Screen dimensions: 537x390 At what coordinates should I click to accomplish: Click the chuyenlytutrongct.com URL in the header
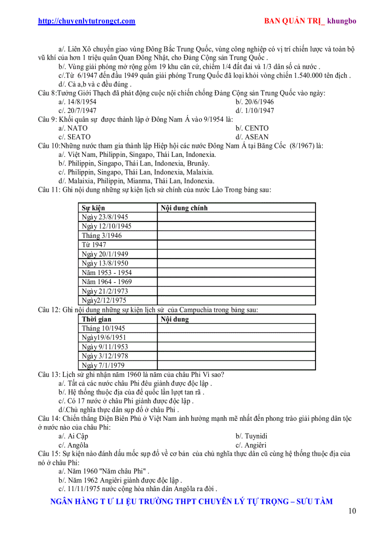click(87, 21)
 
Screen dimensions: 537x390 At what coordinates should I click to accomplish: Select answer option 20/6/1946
click(254, 102)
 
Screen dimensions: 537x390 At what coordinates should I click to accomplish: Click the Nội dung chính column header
click(184, 208)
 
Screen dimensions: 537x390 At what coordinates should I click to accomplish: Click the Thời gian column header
click(97, 319)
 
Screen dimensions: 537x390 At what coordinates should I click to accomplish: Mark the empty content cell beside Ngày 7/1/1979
click(236, 365)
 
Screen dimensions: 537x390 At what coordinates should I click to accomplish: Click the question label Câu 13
click(49, 374)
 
